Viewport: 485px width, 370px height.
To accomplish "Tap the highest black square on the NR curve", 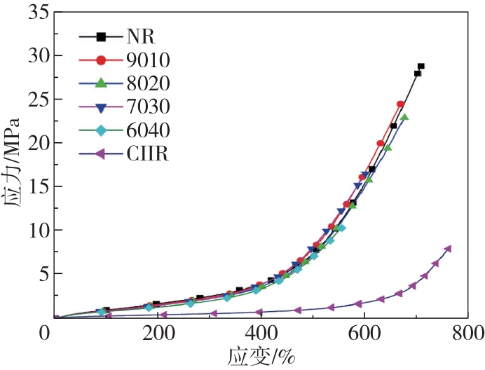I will pos(421,67).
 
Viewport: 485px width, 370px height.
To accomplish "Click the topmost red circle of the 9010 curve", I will pos(400,104).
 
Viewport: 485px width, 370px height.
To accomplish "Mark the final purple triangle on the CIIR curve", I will pos(448,249).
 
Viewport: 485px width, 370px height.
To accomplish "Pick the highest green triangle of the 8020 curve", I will pos(404,118).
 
